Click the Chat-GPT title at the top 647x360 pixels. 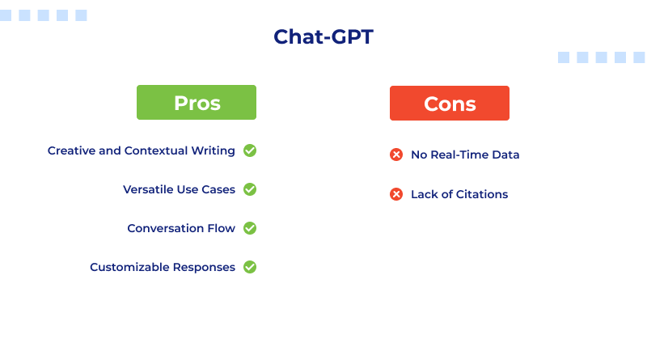coord(323,37)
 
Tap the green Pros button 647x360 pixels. coord(197,103)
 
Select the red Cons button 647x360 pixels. coord(450,104)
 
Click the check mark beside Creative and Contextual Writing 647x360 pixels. coord(250,150)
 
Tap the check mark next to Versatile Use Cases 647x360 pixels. coord(250,189)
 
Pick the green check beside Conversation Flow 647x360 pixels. coord(250,228)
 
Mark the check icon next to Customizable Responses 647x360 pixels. coord(250,267)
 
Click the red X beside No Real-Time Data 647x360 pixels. coord(396,155)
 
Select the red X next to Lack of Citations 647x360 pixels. coord(396,194)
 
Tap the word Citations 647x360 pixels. coord(482,194)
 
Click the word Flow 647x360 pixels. coord(222,228)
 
